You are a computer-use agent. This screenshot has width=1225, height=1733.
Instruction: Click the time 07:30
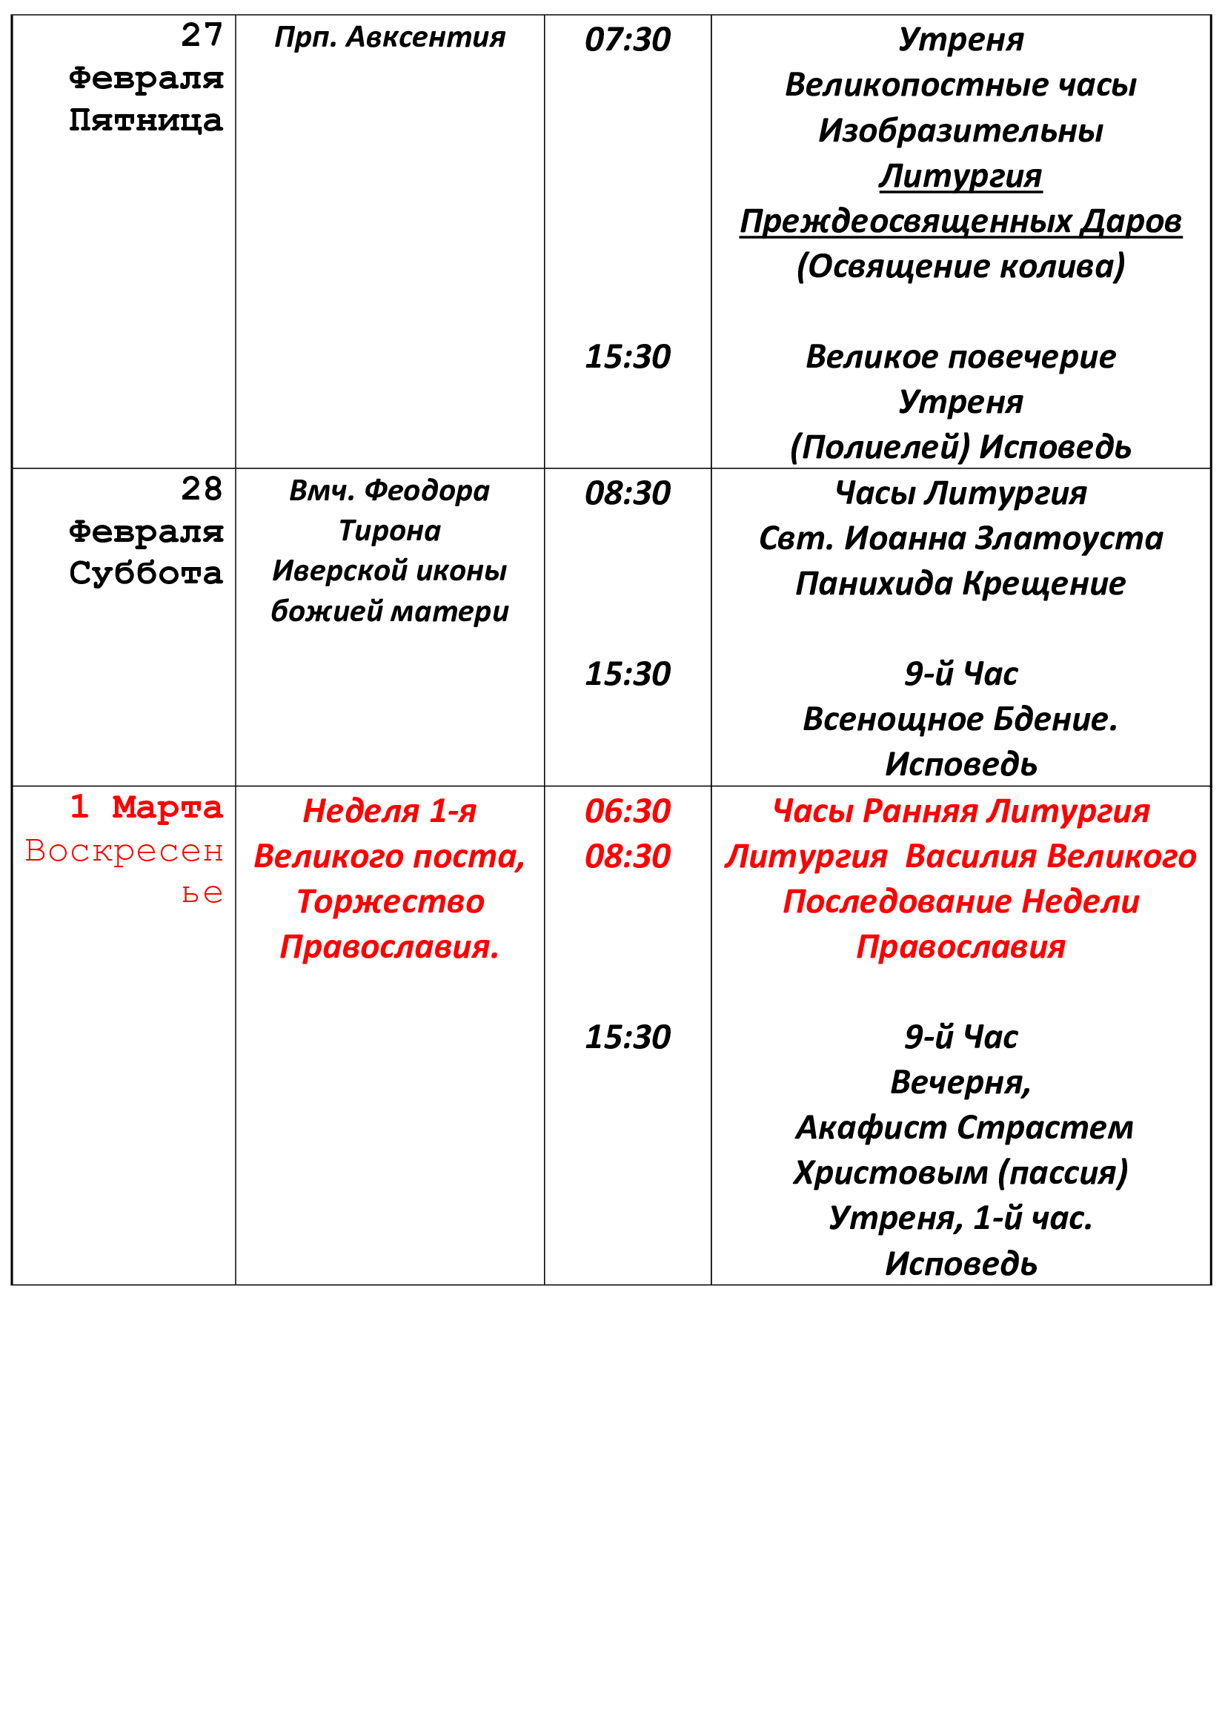pos(627,39)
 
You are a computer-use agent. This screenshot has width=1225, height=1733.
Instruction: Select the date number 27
pos(202,35)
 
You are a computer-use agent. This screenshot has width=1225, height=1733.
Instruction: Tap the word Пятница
pos(146,120)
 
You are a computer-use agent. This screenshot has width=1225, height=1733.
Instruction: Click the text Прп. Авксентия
pos(390,37)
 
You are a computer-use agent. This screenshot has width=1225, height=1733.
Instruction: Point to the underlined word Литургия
pos(960,176)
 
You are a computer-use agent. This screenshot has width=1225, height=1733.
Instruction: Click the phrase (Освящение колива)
pos(960,266)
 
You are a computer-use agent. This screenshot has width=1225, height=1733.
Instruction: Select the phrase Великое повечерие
pos(960,357)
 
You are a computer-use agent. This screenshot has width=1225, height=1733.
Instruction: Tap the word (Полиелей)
pos(880,448)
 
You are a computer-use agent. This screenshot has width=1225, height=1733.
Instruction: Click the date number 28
pos(202,489)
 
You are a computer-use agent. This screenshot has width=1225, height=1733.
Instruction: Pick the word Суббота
pos(146,574)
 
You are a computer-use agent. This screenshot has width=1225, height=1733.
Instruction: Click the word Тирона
pos(390,531)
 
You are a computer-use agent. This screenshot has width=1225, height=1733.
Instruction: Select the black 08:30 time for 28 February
pos(627,493)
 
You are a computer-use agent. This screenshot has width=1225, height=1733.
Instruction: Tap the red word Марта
pos(167,808)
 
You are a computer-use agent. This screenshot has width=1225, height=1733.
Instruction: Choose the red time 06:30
pos(627,812)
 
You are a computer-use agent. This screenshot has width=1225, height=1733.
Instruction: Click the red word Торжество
pos(390,902)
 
